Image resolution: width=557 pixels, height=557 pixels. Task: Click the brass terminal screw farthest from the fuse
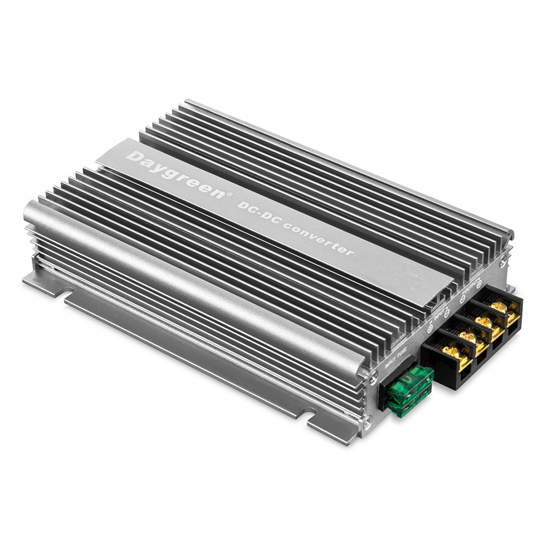(499, 307)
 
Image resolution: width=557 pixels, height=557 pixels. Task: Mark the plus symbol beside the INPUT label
(429, 329)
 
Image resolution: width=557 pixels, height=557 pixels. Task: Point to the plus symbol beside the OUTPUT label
(480, 284)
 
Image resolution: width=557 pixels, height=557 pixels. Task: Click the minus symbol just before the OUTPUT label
(463, 300)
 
